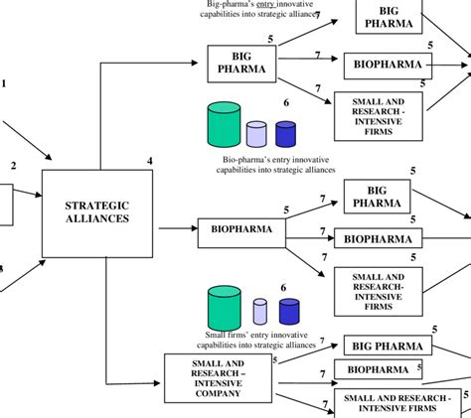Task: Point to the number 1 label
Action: pyautogui.click(x=3, y=83)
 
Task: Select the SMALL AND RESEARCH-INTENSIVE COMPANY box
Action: pyautogui.click(x=217, y=377)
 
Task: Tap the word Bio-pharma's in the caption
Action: pyautogui.click(x=245, y=159)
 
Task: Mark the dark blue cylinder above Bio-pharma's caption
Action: pyautogui.click(x=286, y=134)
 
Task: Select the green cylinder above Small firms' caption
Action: pyautogui.click(x=224, y=307)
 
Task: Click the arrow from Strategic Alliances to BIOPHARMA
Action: pyautogui.click(x=175, y=228)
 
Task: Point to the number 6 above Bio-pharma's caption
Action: pyautogui.click(x=286, y=103)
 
